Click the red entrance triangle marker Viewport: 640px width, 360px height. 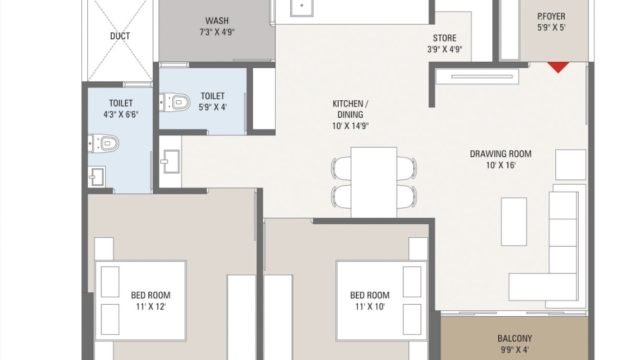[x=558, y=67]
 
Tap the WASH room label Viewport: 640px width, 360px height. [x=217, y=20]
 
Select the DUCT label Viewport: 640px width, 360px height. [x=120, y=36]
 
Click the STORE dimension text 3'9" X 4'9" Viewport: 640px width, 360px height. [x=444, y=49]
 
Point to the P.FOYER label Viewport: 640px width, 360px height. [x=551, y=16]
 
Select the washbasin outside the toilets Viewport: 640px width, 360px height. [x=171, y=161]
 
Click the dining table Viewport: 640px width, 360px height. [x=374, y=182]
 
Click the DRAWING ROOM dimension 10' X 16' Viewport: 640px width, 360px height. [x=500, y=165]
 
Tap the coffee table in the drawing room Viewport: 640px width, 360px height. [x=514, y=222]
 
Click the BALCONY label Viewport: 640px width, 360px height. [x=515, y=338]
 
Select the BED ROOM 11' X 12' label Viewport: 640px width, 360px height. [x=151, y=301]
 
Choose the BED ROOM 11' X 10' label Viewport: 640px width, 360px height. [x=370, y=301]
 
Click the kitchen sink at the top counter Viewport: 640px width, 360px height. [x=302, y=7]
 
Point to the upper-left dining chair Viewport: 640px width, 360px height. [x=342, y=168]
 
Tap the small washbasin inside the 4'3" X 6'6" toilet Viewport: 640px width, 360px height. [x=97, y=177]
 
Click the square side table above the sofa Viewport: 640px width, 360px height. [x=571, y=164]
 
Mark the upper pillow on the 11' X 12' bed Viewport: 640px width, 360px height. [x=110, y=282]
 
